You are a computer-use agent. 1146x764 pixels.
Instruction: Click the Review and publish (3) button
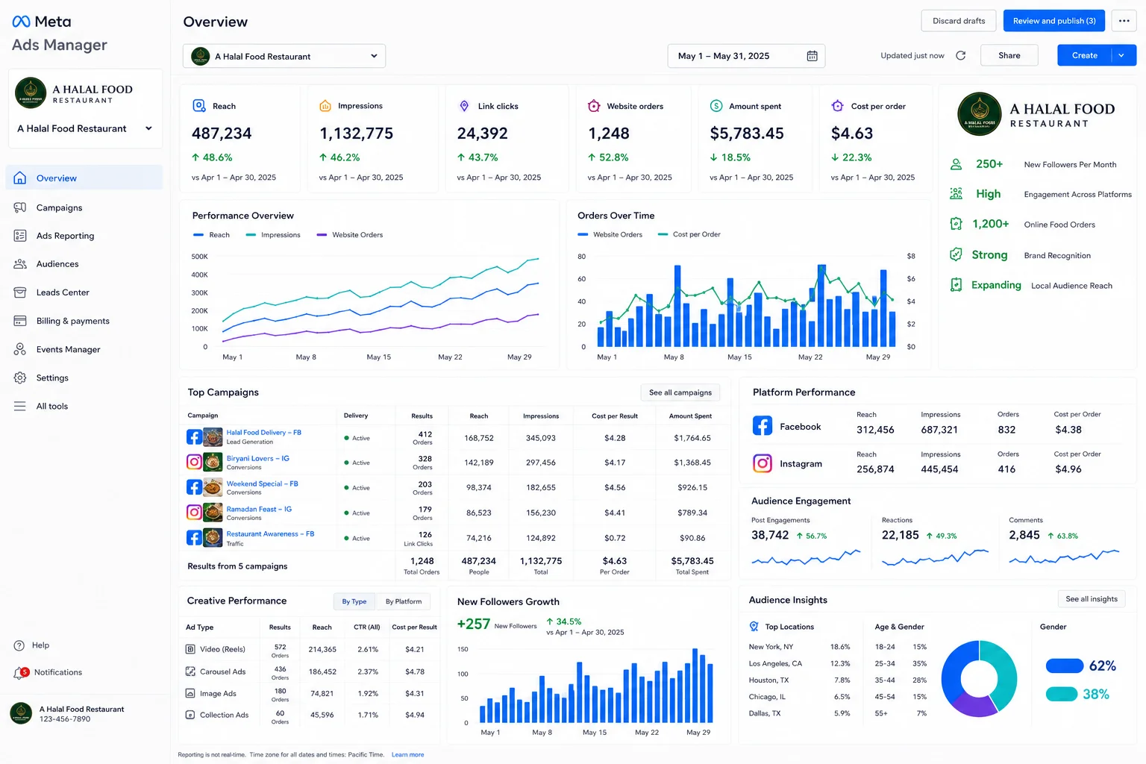1054,21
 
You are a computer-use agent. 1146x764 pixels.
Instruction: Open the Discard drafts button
958,21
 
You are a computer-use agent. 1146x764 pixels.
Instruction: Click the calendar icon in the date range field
812,56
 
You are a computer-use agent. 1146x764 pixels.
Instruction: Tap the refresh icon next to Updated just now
961,55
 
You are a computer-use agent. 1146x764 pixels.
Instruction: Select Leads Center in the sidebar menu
63,292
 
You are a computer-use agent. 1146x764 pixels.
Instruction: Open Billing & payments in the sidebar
72,321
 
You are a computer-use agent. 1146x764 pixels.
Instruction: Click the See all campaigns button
680,392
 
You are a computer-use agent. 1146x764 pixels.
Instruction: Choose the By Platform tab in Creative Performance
404,601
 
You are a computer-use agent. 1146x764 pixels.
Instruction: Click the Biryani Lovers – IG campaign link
258,459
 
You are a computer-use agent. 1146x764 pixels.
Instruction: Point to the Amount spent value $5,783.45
746,134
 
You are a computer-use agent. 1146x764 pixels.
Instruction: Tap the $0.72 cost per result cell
615,538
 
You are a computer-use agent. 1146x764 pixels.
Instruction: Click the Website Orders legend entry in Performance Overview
350,235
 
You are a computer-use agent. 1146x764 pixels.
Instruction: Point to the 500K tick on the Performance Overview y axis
199,257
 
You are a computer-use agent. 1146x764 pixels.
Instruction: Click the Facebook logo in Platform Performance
763,425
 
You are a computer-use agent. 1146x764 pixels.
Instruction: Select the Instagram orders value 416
1006,469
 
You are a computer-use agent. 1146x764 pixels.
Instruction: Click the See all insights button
1092,598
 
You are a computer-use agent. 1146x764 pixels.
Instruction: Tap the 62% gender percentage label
1103,666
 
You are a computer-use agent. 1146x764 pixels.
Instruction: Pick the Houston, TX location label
768,680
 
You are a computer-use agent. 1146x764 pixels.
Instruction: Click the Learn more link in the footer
408,754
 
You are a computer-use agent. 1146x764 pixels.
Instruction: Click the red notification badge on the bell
25,671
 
